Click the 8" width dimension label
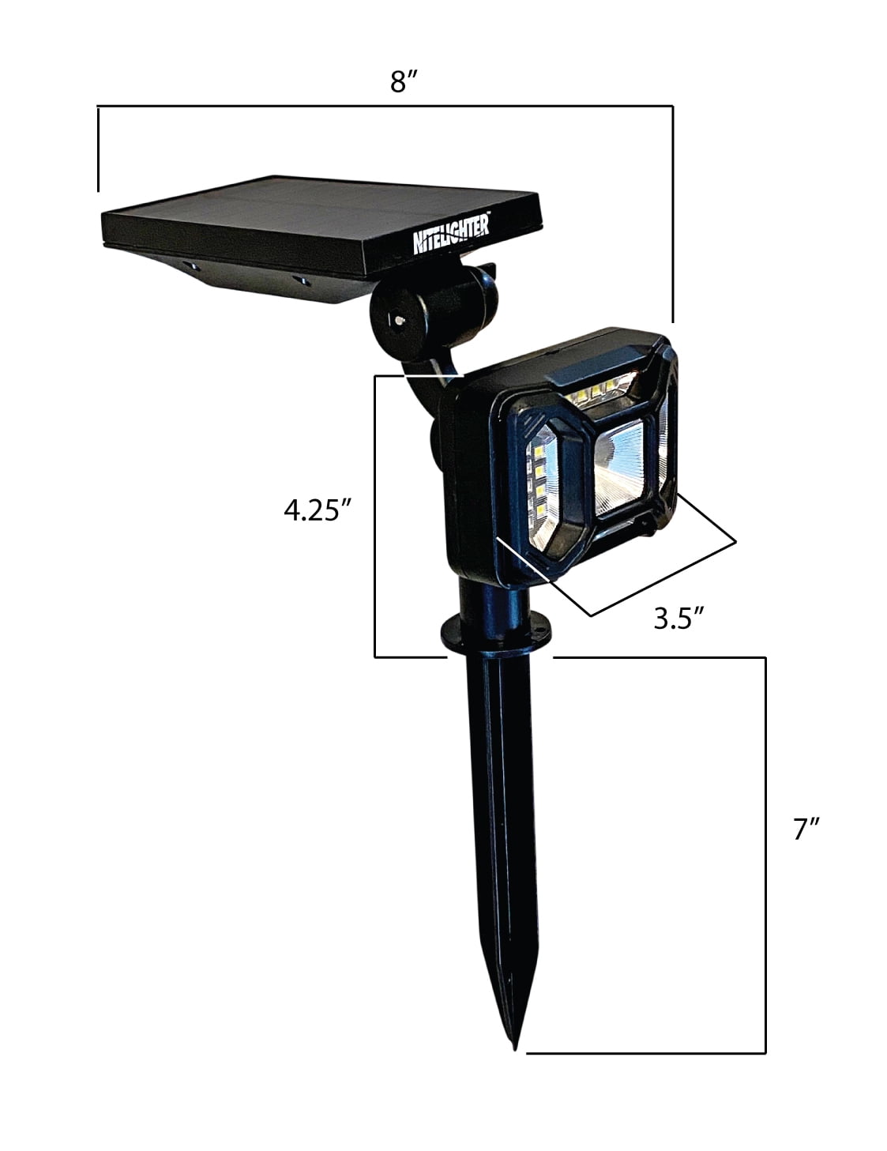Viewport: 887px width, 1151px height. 404,81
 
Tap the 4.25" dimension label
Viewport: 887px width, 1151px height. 318,510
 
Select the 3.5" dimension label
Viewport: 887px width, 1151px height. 678,618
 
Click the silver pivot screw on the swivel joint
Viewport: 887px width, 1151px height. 398,319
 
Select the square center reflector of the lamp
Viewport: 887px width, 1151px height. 618,465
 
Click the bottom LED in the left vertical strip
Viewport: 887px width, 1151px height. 539,510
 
